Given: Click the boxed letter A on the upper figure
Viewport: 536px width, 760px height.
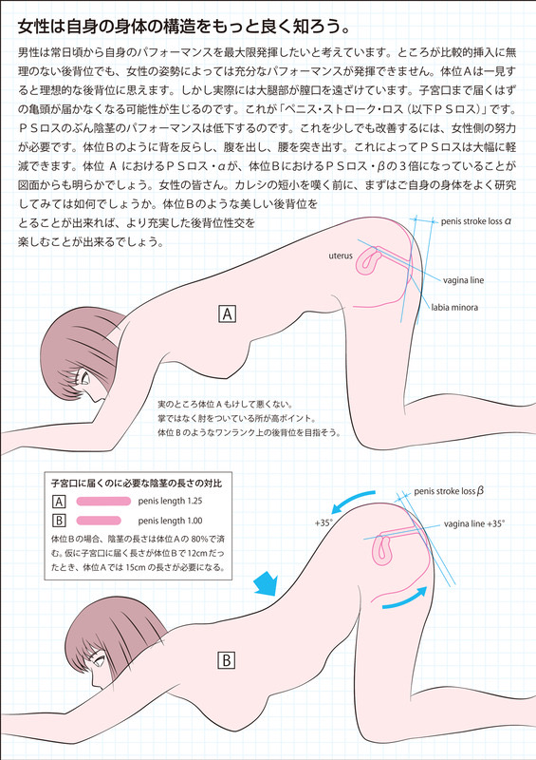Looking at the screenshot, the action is pos(228,314).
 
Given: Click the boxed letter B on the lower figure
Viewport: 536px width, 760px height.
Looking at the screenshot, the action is pos(226,660).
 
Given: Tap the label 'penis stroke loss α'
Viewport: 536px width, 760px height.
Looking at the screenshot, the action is pos(476,221).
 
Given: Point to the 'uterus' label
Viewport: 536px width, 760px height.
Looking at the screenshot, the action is pos(341,256).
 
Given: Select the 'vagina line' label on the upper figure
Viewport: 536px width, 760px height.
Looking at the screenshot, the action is pos(463,280).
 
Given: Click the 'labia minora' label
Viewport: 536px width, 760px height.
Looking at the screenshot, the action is pos(454,307).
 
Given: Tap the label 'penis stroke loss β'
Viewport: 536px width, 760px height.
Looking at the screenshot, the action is pos(449,491).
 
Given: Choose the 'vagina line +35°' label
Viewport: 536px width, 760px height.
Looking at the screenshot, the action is pos(474,524).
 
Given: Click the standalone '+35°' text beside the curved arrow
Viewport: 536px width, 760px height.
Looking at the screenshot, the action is pos(323,523).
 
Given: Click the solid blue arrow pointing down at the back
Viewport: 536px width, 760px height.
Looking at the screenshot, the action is pos(265,583).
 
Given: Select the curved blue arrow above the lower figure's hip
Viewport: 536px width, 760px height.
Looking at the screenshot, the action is pos(352,501).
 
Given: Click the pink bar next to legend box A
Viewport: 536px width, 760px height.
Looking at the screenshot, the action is pos(103,501).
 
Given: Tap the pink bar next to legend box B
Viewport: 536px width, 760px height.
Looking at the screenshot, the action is pos(99,521).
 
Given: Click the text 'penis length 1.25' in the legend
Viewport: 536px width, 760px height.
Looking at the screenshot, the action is pos(170,501).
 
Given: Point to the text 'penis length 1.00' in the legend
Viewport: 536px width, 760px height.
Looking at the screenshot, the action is pos(170,521).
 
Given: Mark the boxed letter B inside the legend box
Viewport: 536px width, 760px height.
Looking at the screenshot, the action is pos(59,521).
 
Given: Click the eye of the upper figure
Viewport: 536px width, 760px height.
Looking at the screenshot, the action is pos(84,377).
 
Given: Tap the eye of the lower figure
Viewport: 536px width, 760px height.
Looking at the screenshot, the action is pos(101,660).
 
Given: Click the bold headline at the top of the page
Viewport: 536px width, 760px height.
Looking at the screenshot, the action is pos(184,28).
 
